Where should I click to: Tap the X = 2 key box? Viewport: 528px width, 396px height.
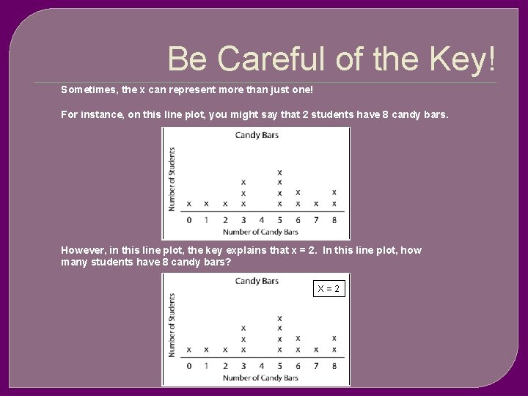(329, 289)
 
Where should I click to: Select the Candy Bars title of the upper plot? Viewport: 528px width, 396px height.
(257, 135)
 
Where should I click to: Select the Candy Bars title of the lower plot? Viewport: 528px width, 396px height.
(257, 281)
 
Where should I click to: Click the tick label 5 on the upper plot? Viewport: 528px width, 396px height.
(279, 220)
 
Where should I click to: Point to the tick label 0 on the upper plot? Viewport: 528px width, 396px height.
(188, 220)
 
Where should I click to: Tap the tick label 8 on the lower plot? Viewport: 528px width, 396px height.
(334, 366)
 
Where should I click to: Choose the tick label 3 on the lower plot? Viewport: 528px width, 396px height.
(243, 366)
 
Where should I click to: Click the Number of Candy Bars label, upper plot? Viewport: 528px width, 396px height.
(260, 232)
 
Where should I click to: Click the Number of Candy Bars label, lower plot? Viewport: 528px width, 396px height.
(260, 378)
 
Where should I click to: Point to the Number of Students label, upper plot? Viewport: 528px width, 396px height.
(172, 179)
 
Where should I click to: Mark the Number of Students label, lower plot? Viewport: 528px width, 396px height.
(172, 325)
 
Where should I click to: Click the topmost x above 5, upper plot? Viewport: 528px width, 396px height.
(279, 172)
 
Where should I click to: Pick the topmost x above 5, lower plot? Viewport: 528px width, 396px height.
(279, 318)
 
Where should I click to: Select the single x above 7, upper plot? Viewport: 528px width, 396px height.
(316, 203)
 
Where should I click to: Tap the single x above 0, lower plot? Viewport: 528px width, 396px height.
(188, 349)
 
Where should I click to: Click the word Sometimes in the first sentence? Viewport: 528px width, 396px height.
(89, 90)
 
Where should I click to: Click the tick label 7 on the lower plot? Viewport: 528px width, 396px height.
(316, 366)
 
